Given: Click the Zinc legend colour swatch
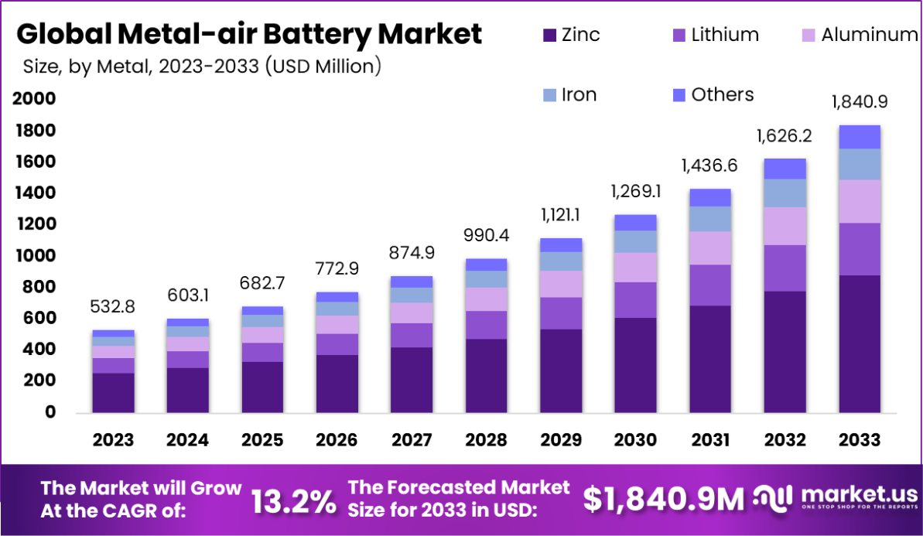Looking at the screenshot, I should [550, 35].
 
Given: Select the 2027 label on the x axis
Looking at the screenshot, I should [412, 440].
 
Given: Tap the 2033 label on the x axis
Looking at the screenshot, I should [860, 440].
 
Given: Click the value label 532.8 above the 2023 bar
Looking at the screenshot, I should [113, 307].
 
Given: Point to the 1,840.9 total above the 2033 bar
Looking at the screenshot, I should [859, 102].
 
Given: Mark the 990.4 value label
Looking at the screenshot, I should [486, 235].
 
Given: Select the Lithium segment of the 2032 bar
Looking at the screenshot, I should [785, 268].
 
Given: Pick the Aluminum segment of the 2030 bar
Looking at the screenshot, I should [635, 267].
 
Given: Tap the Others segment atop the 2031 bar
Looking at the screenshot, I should [710, 197].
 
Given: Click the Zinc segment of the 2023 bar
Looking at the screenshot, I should [114, 392].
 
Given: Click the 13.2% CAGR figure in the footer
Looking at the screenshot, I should [294, 501].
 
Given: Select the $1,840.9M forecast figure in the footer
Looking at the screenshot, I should [663, 499].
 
